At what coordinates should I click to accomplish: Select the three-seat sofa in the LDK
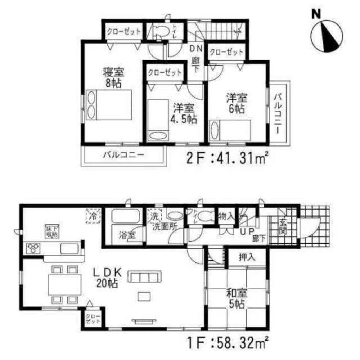tap(145, 277)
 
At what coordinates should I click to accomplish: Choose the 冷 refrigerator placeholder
tap(93, 217)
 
